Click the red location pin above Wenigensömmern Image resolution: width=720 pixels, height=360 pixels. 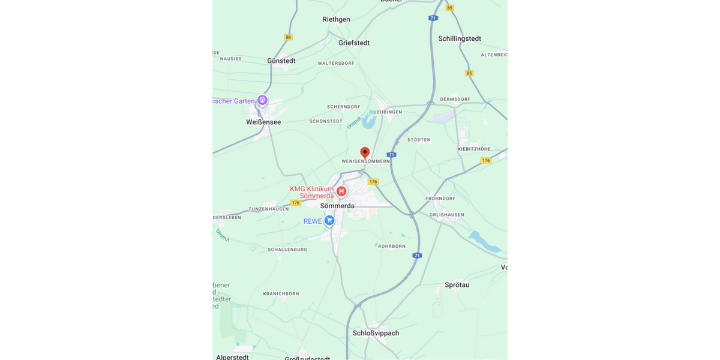coord(365,152)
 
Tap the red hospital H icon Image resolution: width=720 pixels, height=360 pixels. coord(341,191)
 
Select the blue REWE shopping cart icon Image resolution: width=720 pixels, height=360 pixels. coord(329,221)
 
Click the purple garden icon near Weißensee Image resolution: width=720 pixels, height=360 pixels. coord(262,100)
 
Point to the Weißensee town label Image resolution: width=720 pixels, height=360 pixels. coord(263,122)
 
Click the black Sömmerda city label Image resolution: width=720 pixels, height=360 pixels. coord(337,206)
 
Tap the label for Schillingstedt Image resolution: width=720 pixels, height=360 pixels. coord(460,38)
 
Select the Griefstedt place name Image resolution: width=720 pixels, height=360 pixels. coord(354,43)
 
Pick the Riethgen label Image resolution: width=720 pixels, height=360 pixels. coord(336,19)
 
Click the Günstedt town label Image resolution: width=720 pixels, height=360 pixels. coord(281,61)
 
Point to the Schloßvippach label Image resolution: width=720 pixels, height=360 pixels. coord(376,333)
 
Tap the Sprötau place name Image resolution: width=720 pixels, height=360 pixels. coord(457,285)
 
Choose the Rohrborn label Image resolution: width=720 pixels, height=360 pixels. coord(392,246)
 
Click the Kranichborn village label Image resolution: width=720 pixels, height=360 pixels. coord(281,293)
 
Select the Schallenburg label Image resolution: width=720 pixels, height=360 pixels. coord(287,249)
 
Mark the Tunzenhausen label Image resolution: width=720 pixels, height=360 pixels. coord(269,209)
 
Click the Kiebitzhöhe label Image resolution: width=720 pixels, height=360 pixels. coord(474,149)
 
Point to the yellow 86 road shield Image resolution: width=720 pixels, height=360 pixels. coord(289,37)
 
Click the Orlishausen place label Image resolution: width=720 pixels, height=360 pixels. coord(446,214)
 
